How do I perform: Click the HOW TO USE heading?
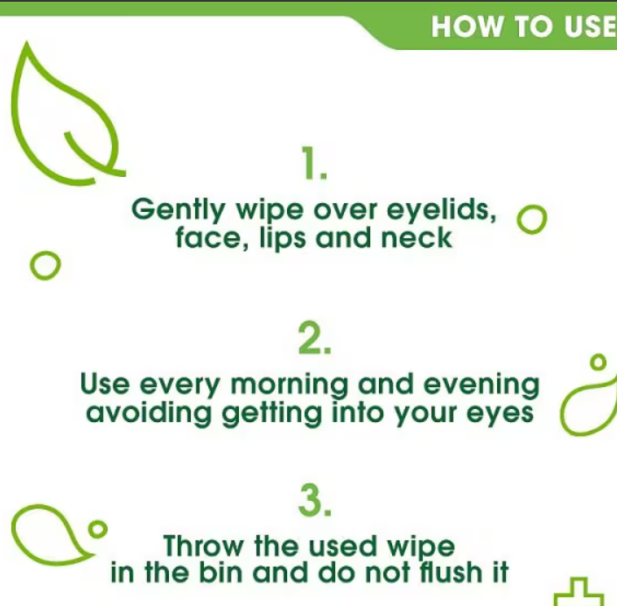pyautogui.click(x=523, y=27)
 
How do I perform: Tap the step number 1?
pyautogui.click(x=313, y=163)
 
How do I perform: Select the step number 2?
pyautogui.click(x=314, y=337)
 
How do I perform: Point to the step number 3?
pyautogui.click(x=315, y=500)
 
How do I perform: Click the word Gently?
pyautogui.click(x=179, y=210)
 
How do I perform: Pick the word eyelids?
pyautogui.click(x=441, y=210)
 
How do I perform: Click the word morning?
pyautogui.click(x=289, y=385)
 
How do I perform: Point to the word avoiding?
pyautogui.click(x=149, y=413)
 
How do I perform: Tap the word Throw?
pyautogui.click(x=203, y=546)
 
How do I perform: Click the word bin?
pyautogui.click(x=221, y=572)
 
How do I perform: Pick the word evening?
pyautogui.click(x=481, y=385)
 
